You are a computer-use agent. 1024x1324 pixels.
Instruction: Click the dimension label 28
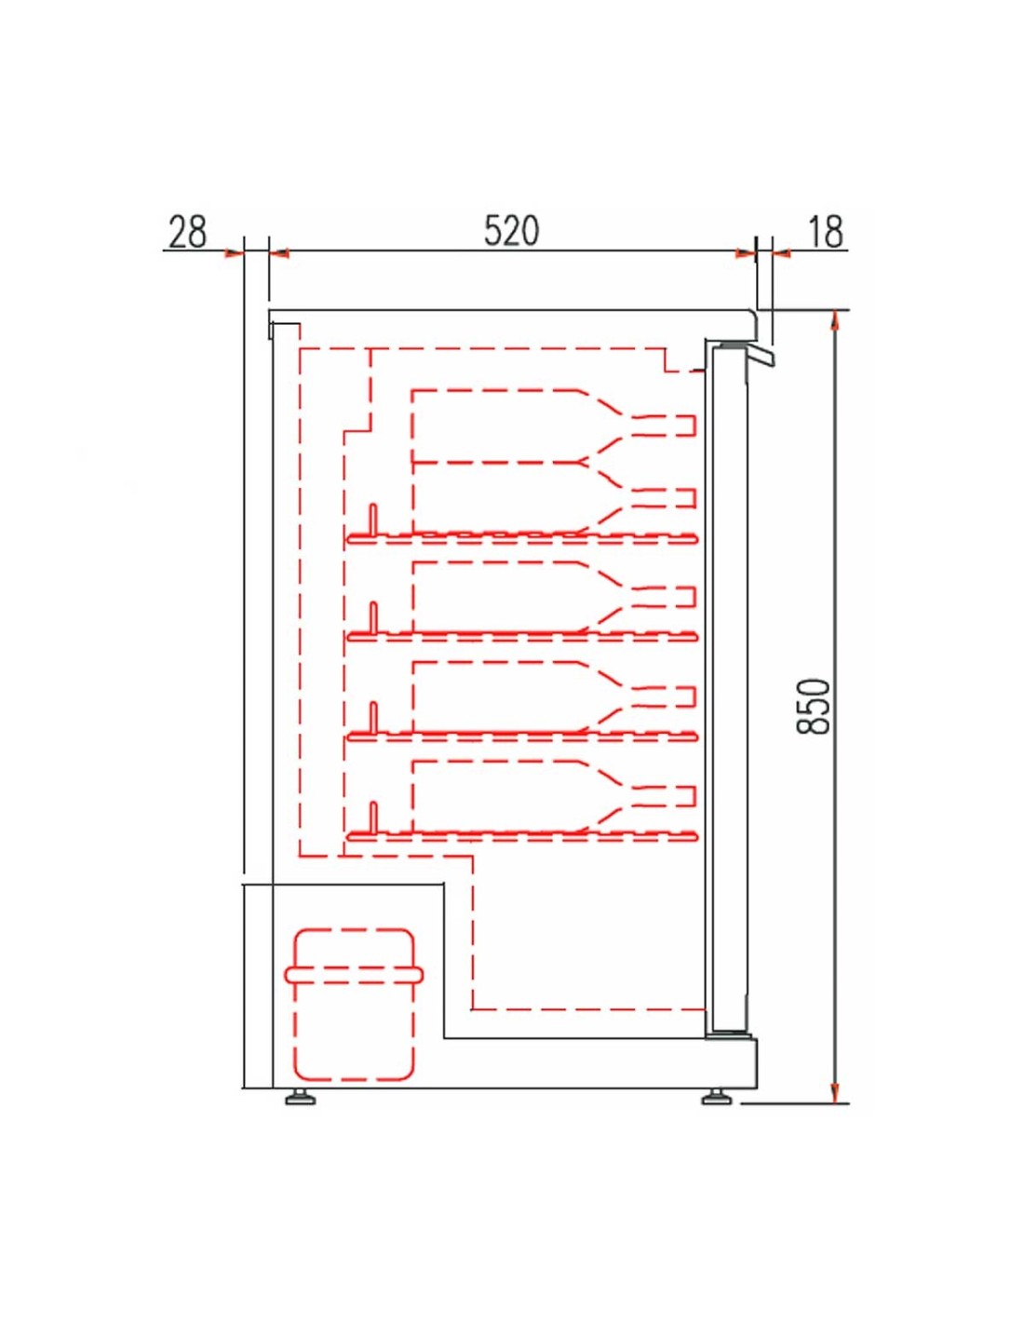point(188,232)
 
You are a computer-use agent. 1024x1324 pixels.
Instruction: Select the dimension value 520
point(512,232)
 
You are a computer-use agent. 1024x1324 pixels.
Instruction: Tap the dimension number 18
point(826,232)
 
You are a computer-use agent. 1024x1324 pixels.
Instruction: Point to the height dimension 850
point(814,706)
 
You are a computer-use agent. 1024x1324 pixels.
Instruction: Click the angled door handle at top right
point(761,355)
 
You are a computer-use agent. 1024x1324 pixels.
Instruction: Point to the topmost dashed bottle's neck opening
point(693,426)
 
